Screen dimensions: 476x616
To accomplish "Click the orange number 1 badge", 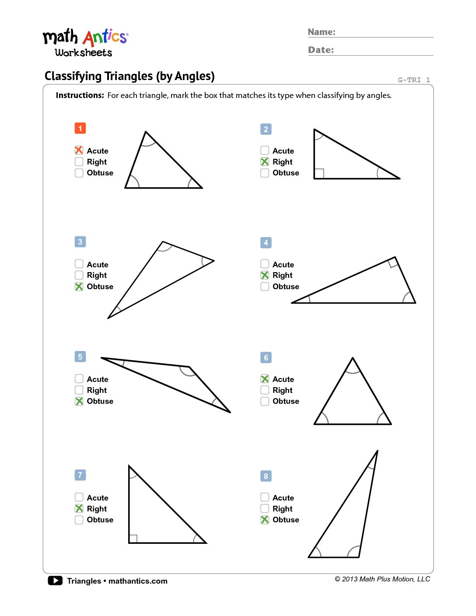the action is click(x=80, y=128).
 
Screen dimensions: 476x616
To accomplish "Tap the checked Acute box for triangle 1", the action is click(x=79, y=150).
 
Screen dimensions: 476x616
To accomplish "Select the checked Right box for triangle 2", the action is click(x=265, y=161).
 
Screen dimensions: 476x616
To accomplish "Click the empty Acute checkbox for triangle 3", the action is click(x=79, y=264).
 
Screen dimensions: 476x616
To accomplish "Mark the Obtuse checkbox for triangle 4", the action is click(x=265, y=286).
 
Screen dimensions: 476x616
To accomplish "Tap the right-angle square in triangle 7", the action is click(x=133, y=539).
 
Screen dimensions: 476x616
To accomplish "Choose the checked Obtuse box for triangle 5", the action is click(x=79, y=401).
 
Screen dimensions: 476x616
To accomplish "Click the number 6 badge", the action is click(x=266, y=357).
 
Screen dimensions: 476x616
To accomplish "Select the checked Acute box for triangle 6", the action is click(x=265, y=379).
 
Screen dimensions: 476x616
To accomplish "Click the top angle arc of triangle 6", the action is click(x=353, y=372).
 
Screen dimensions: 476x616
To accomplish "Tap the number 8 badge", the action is click(x=266, y=476).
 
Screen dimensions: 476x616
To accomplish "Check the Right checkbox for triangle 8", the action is click(x=265, y=508).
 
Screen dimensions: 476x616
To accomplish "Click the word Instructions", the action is click(x=80, y=95).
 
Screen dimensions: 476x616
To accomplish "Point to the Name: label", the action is click(x=322, y=32).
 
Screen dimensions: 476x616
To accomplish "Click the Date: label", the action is click(x=321, y=50).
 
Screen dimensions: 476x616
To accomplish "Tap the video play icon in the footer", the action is click(x=55, y=581).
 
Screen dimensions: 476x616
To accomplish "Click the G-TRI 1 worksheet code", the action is click(x=413, y=80).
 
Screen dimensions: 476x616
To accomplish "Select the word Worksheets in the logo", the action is click(x=84, y=53).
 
